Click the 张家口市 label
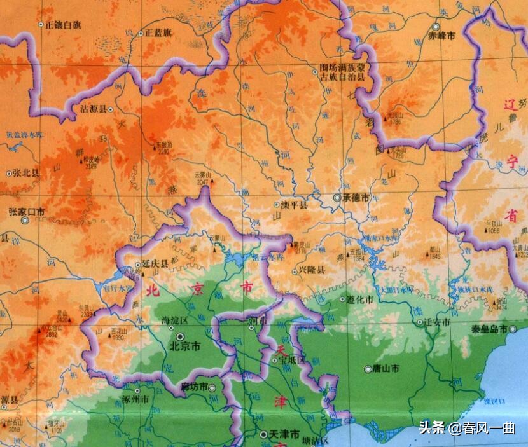point(27,211)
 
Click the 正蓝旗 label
point(158,32)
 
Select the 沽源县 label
point(94,109)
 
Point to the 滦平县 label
point(295,205)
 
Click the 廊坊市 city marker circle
point(212,387)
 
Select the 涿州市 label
point(135,400)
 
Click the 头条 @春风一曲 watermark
point(468,428)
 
